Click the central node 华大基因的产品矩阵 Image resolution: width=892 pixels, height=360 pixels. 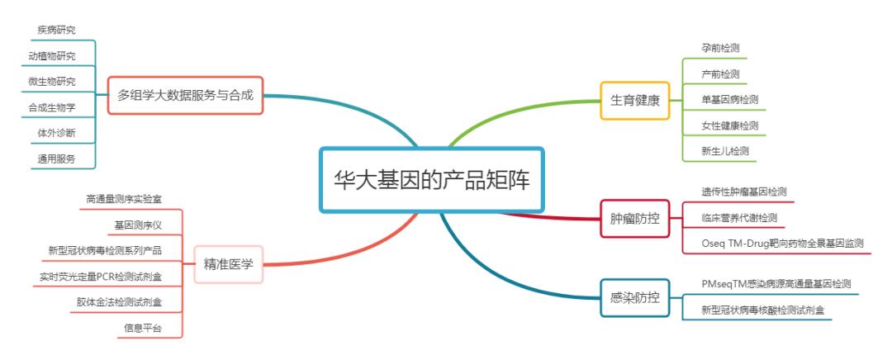(x=432, y=181)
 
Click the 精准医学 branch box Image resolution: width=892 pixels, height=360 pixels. (x=228, y=264)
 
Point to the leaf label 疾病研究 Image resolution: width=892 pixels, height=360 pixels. (x=56, y=30)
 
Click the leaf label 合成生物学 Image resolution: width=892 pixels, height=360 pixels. (x=51, y=107)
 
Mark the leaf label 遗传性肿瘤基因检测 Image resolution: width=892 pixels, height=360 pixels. (x=743, y=192)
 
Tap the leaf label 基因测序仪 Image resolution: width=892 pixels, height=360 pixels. (x=138, y=225)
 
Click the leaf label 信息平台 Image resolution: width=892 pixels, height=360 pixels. (x=142, y=328)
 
